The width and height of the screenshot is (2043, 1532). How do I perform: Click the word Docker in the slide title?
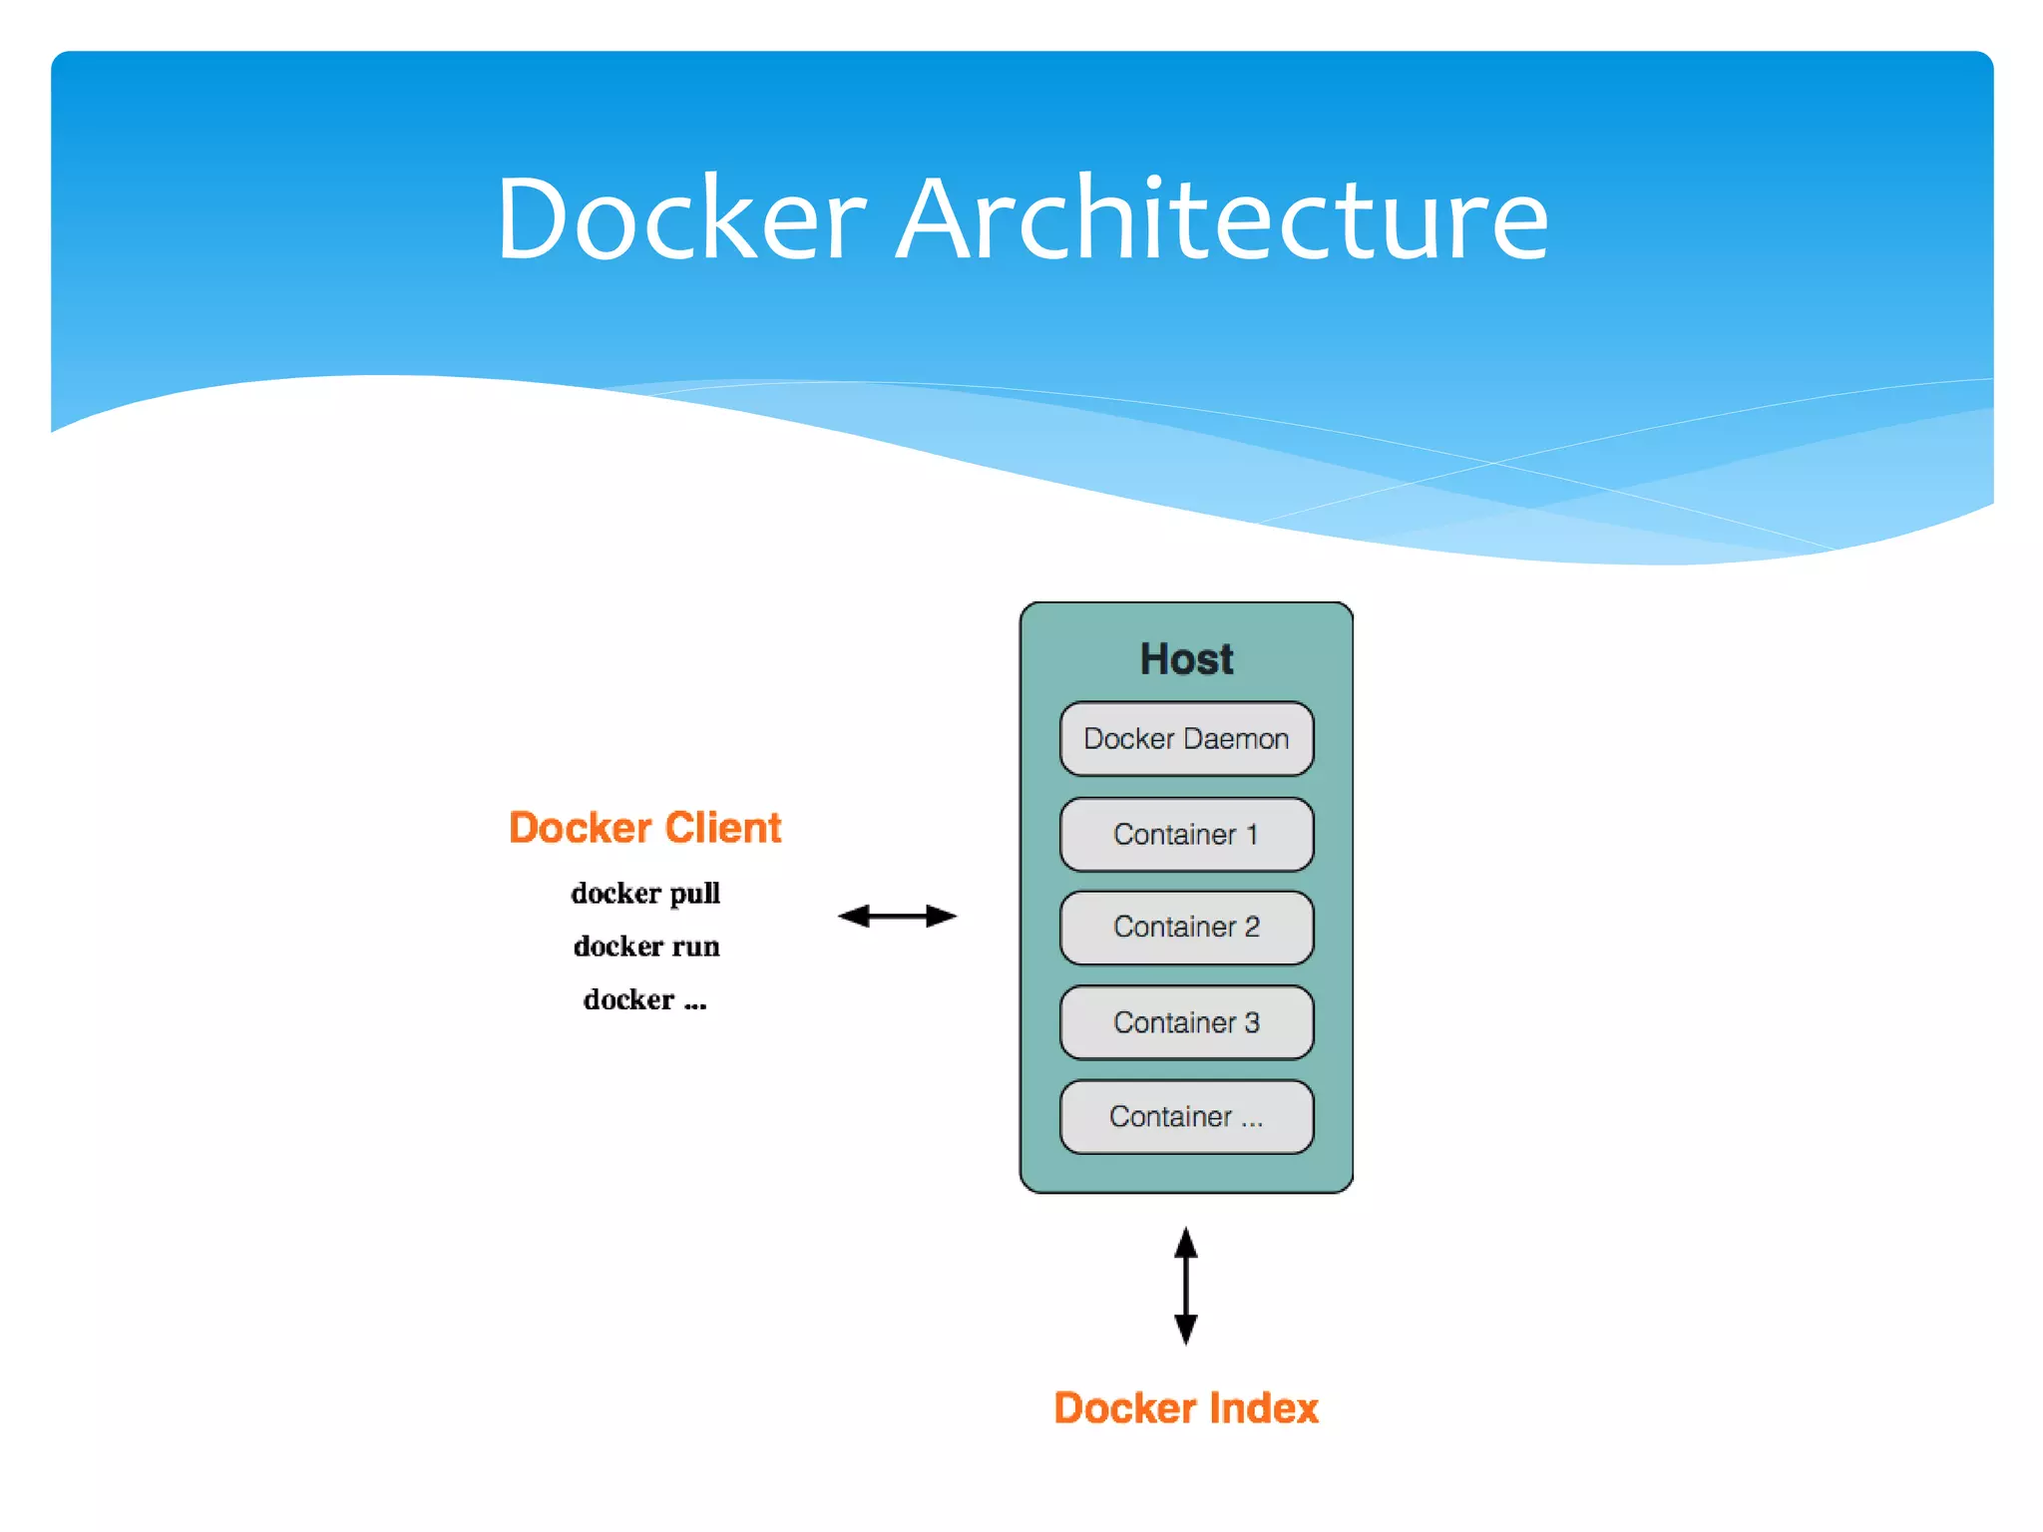(x=681, y=219)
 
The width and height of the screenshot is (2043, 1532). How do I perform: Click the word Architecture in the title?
(x=1222, y=219)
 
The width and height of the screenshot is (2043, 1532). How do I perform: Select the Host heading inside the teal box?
(x=1186, y=659)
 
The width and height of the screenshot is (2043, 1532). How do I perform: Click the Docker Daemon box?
(x=1186, y=739)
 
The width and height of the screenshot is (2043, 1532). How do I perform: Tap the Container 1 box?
(x=1186, y=834)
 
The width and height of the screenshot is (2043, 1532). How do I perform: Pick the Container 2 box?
(x=1186, y=928)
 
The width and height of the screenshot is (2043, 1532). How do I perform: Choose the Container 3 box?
(x=1186, y=1022)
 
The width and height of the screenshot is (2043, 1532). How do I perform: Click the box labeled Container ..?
(x=1186, y=1117)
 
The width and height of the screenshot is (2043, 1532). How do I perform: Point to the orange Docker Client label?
(x=644, y=828)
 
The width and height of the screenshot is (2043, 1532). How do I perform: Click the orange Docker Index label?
(x=1186, y=1408)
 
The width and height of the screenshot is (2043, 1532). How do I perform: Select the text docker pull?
(x=645, y=893)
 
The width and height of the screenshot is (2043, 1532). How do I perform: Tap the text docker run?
(x=646, y=946)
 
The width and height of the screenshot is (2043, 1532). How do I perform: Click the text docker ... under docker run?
(x=644, y=999)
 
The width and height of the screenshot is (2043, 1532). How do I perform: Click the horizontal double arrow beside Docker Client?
(x=897, y=916)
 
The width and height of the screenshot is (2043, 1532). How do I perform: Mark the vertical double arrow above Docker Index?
(x=1185, y=1287)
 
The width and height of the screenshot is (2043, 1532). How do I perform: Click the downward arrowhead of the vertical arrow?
(x=1185, y=1330)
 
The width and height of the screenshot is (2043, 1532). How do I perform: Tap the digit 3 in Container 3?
(x=1252, y=1022)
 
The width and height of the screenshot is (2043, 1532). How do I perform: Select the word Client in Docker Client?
(x=723, y=828)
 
